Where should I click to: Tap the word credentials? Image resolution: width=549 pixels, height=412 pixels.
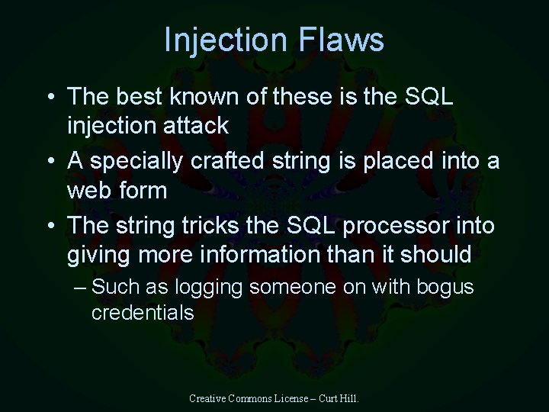coord(143,313)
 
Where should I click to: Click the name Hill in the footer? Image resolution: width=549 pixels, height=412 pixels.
coord(348,398)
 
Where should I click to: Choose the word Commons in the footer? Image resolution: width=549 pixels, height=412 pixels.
coord(254,398)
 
